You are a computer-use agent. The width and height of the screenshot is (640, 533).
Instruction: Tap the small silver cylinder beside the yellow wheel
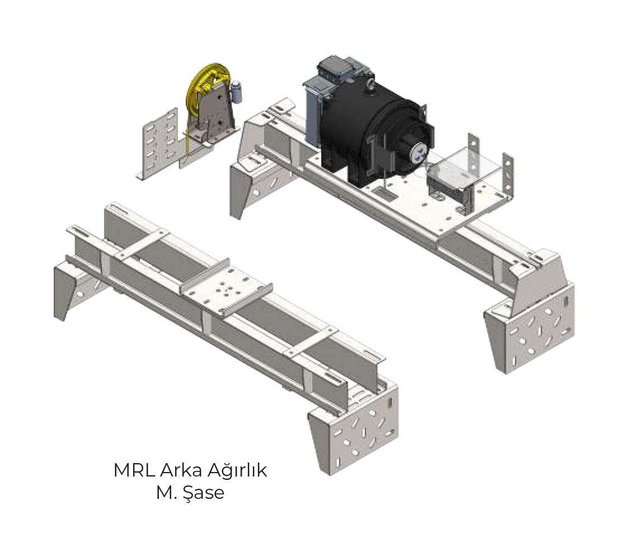[237, 92]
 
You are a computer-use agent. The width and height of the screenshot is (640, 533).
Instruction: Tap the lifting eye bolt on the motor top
[371, 84]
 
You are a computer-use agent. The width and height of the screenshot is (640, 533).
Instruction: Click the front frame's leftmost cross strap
[140, 246]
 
